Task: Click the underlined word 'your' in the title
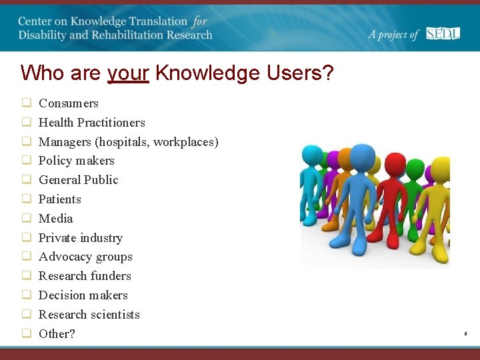pyautogui.click(x=128, y=73)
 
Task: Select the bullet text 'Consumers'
pyautogui.click(x=68, y=103)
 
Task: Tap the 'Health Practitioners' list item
pyautogui.click(x=91, y=123)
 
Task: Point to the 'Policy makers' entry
pyautogui.click(x=76, y=161)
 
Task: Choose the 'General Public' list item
pyautogui.click(x=78, y=180)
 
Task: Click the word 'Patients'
pyautogui.click(x=59, y=199)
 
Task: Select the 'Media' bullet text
pyautogui.click(x=55, y=219)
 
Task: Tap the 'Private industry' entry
pyautogui.click(x=80, y=238)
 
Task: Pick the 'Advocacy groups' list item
pyautogui.click(x=85, y=257)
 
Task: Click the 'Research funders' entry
pyautogui.click(x=85, y=276)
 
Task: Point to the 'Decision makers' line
pyautogui.click(x=83, y=295)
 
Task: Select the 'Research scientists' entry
pyautogui.click(x=89, y=315)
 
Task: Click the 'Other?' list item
pyautogui.click(x=57, y=334)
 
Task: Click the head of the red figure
pyautogui.click(x=395, y=163)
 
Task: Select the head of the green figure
pyautogui.click(x=415, y=168)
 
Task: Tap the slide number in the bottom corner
pyautogui.click(x=465, y=332)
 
